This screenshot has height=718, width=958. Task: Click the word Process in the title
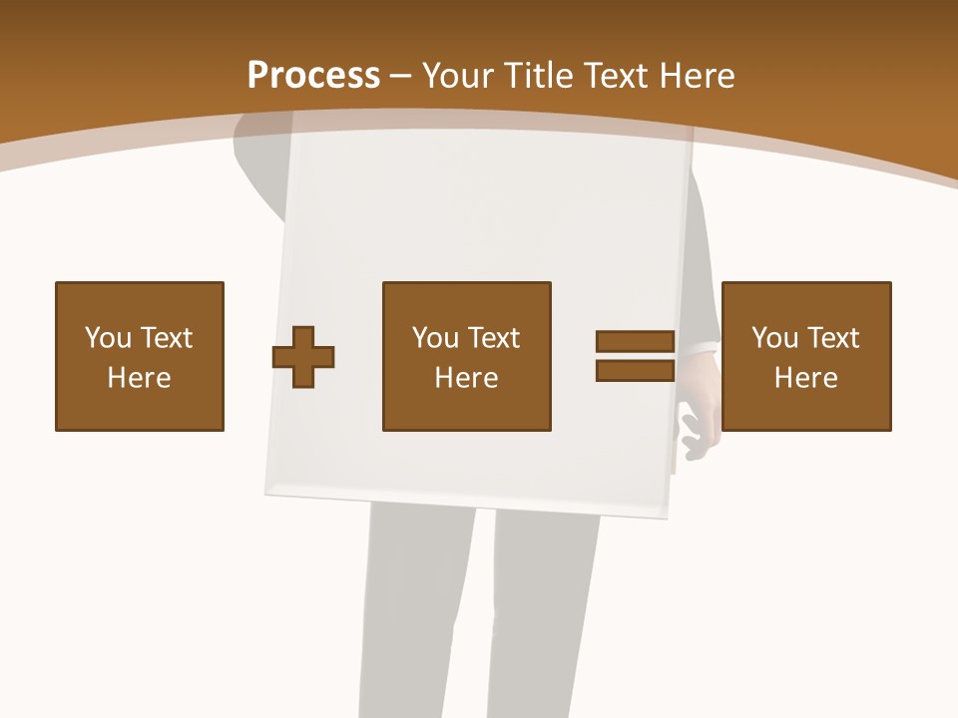click(x=313, y=76)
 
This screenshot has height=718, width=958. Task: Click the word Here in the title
click(x=700, y=76)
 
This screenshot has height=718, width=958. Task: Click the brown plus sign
click(x=303, y=356)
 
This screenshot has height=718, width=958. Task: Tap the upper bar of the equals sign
click(x=635, y=341)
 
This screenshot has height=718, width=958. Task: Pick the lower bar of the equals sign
click(x=635, y=371)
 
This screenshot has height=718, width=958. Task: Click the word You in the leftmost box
click(x=108, y=338)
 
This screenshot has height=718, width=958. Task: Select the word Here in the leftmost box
click(x=140, y=378)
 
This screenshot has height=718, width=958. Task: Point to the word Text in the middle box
click(x=493, y=338)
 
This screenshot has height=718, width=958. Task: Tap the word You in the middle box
click(x=435, y=338)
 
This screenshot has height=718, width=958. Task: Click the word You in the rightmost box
click(x=774, y=338)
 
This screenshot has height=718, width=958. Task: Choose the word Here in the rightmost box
click(x=806, y=378)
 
